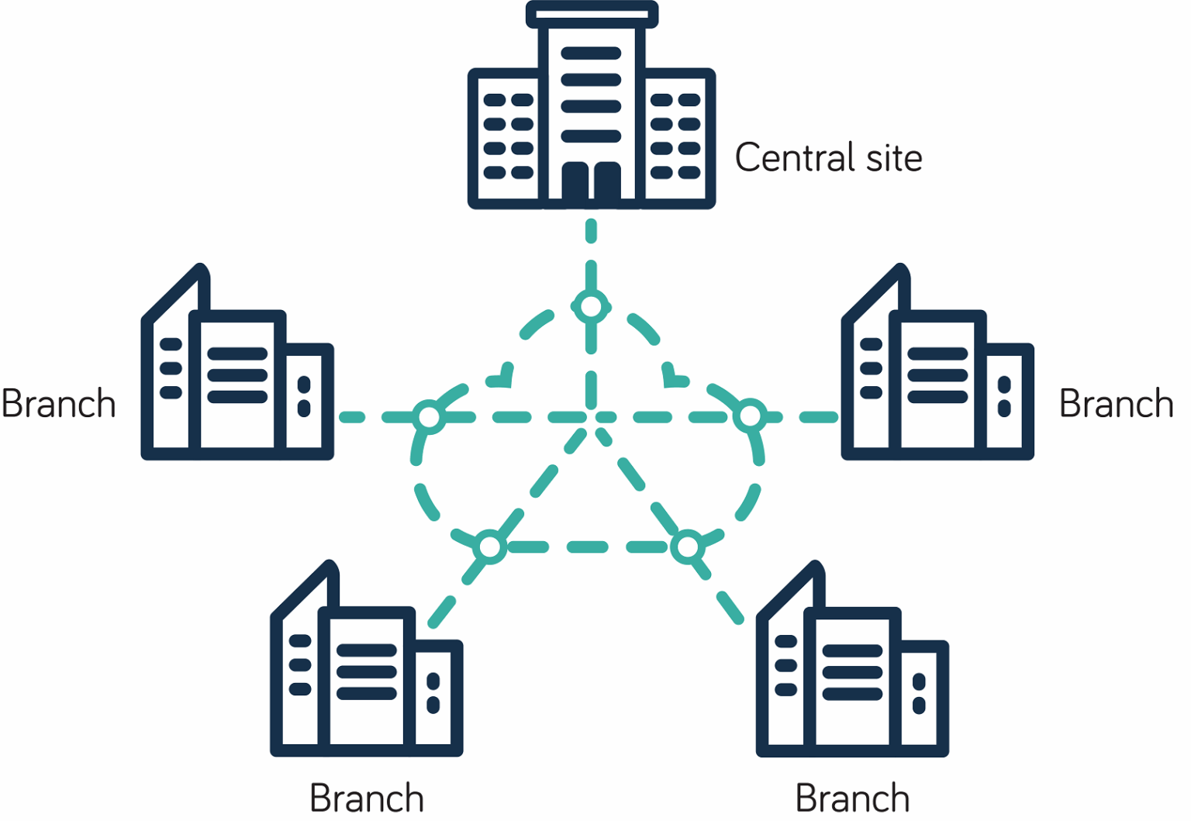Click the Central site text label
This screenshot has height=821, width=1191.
tap(828, 157)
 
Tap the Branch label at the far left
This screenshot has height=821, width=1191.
tap(59, 404)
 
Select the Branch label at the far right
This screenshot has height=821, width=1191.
tap(1116, 404)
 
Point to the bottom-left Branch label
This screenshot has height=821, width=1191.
tap(367, 799)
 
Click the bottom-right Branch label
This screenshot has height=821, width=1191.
tap(852, 799)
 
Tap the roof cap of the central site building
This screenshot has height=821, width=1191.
tap(592, 14)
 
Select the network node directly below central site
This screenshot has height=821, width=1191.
tap(591, 307)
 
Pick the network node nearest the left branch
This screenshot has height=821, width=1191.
tap(429, 417)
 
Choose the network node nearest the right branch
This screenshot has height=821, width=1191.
tap(750, 417)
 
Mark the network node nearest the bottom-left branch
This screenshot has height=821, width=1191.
tap(490, 547)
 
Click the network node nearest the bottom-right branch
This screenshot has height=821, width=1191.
tap(688, 547)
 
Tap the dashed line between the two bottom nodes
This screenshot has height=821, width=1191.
tap(589, 547)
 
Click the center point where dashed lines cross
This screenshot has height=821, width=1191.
tap(592, 417)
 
